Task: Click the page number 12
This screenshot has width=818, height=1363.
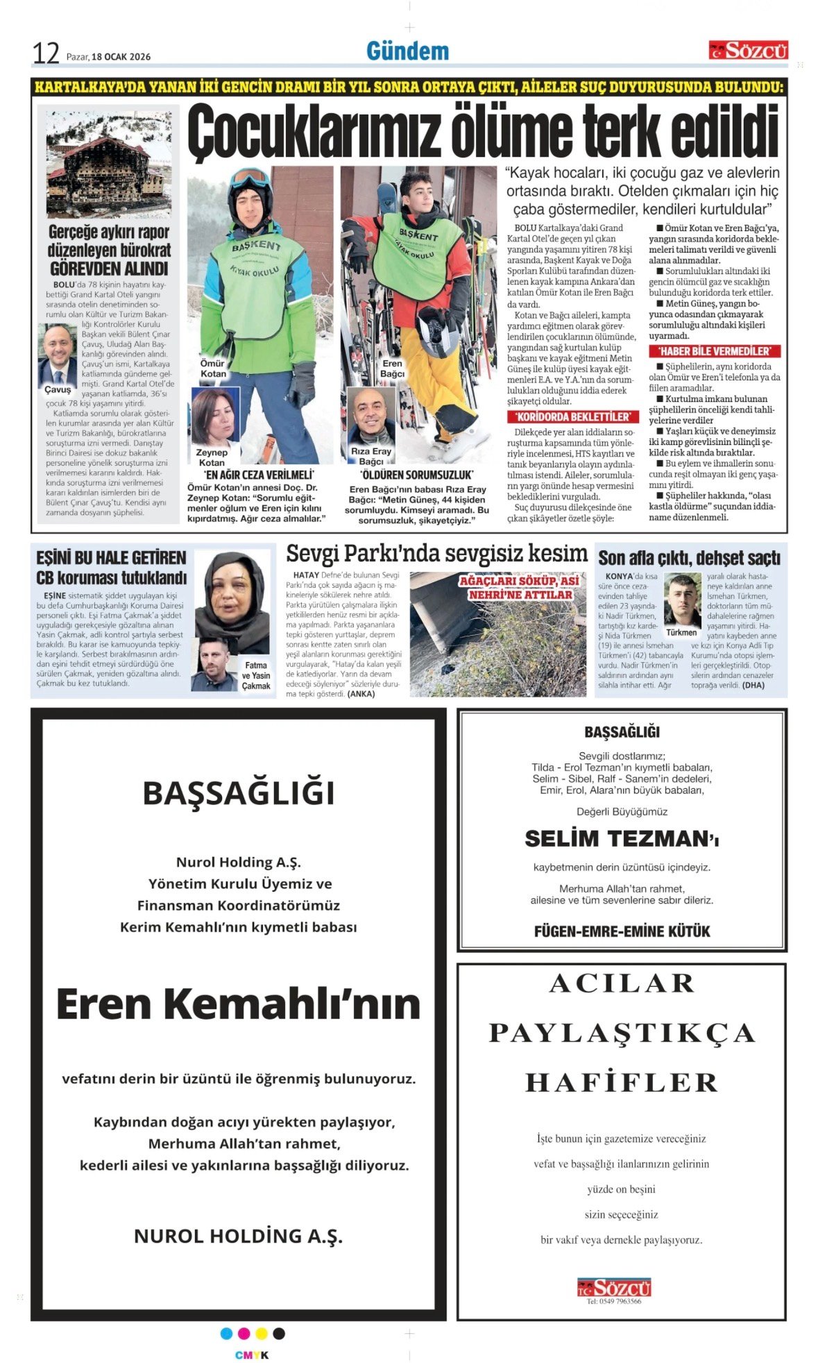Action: click(x=46, y=53)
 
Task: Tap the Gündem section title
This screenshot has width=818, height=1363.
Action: click(x=407, y=51)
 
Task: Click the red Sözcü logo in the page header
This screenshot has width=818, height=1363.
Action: click(x=748, y=50)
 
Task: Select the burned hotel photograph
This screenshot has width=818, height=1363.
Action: click(x=108, y=164)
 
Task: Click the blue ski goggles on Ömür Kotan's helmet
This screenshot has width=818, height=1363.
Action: click(x=250, y=179)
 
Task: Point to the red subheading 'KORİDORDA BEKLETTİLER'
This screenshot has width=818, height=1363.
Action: click(x=572, y=416)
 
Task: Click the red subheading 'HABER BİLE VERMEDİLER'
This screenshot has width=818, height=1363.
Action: click(x=714, y=351)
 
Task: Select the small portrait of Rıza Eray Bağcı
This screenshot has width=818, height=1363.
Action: click(x=370, y=416)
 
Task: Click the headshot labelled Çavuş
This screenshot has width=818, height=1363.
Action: click(x=57, y=355)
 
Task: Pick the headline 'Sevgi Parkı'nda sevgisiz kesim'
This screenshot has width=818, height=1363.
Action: click(x=436, y=553)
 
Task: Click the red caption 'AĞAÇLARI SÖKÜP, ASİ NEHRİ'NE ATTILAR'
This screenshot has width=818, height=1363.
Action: click(x=519, y=588)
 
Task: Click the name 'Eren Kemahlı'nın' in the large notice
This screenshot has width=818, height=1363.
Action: click(x=238, y=1004)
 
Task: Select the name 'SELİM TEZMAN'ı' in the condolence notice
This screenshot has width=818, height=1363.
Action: click(x=622, y=839)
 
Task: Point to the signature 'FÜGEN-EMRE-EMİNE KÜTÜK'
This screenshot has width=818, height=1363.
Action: click(x=622, y=931)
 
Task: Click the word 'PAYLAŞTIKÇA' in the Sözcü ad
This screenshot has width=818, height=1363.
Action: click(x=622, y=1033)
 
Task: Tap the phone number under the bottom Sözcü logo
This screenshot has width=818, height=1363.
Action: click(x=614, y=1301)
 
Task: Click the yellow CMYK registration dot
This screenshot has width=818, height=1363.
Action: click(x=262, y=1333)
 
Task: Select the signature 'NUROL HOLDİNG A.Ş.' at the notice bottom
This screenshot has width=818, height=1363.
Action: click(x=238, y=1236)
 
